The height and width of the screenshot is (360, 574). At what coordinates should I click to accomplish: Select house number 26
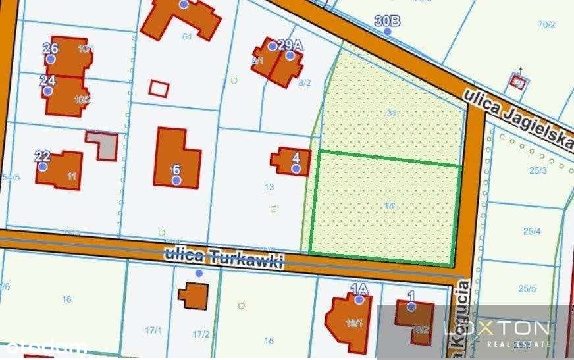click(50, 48)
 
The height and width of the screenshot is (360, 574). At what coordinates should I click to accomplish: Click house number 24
click(47, 80)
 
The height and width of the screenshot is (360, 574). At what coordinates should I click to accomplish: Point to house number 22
click(42, 156)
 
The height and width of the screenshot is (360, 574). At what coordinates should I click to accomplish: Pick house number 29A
click(290, 45)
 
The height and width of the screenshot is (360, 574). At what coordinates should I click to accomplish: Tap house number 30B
click(387, 21)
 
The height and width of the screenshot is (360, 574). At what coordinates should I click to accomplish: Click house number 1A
click(359, 289)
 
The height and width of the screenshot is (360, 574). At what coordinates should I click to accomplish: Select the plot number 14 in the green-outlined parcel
click(389, 206)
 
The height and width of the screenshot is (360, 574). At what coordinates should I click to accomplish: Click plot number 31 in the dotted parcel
click(392, 113)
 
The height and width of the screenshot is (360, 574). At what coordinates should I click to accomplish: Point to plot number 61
click(187, 36)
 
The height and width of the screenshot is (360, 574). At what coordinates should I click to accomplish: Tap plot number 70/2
click(546, 25)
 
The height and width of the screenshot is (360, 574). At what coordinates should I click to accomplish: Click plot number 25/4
click(532, 231)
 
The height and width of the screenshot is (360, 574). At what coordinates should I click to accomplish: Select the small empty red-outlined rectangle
click(159, 88)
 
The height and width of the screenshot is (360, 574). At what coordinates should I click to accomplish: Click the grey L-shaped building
click(105, 144)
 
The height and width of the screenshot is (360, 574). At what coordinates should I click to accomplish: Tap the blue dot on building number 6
click(176, 180)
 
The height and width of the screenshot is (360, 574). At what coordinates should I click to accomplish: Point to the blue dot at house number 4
click(296, 168)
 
